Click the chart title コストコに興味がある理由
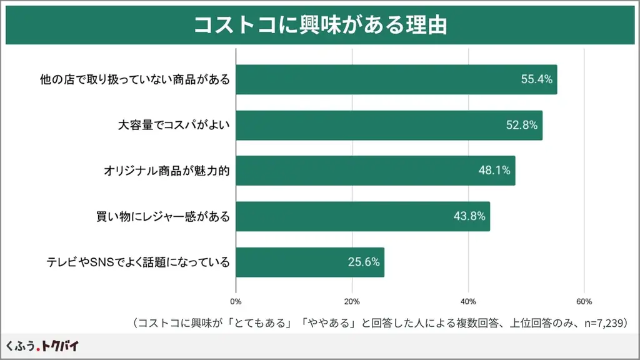(x=320, y=24)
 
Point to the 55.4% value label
(x=537, y=79)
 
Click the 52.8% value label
(x=522, y=125)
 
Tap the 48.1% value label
(x=495, y=171)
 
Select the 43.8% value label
(x=469, y=216)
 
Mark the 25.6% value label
(x=364, y=262)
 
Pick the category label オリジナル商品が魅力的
(x=167, y=171)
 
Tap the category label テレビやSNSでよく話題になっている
(x=138, y=262)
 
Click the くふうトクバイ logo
(x=42, y=346)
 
